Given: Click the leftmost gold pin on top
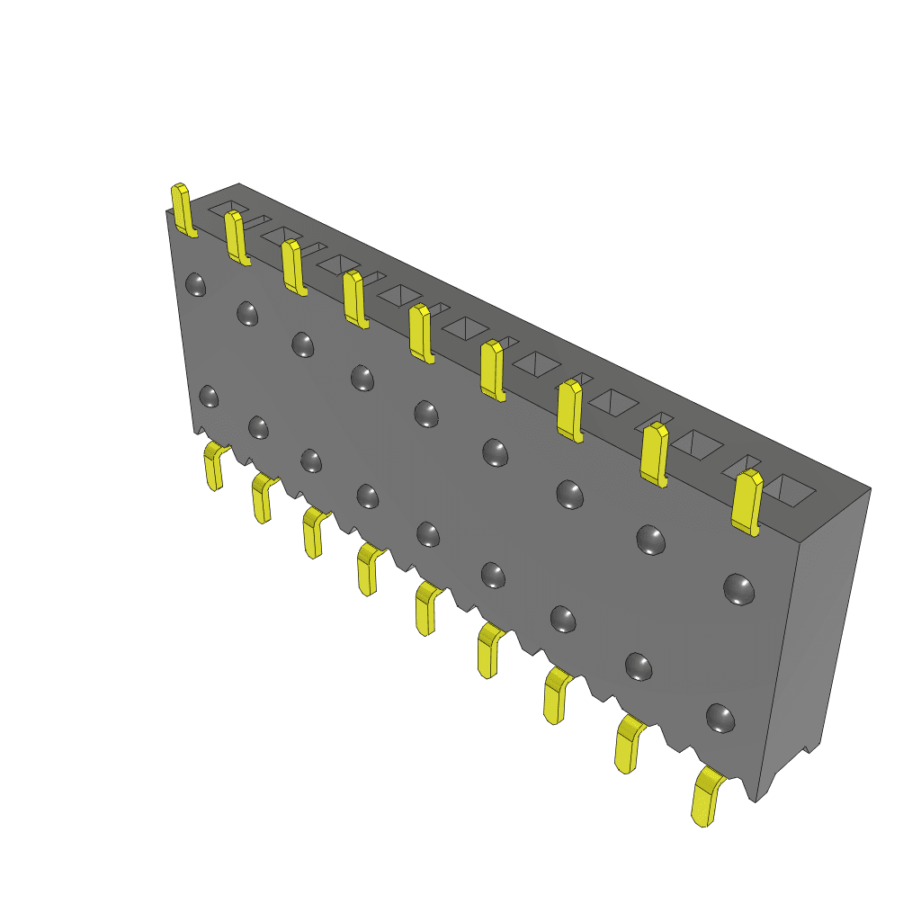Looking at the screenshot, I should [183, 210].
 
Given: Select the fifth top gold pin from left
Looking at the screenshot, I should [420, 333].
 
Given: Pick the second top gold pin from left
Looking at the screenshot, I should [237, 237].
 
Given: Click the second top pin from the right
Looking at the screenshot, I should [655, 454].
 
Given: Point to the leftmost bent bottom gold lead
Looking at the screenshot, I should [214, 466].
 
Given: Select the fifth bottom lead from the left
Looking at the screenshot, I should [425, 608].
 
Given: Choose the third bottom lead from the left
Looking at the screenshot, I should [313, 532].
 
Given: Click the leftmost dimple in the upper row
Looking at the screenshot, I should [195, 285].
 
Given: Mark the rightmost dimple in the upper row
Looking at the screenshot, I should [739, 588].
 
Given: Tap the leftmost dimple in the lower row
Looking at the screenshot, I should [209, 396].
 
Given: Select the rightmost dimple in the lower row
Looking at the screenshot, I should [720, 717].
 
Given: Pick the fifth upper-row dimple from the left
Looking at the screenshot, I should [426, 413].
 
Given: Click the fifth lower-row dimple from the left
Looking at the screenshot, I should [428, 534].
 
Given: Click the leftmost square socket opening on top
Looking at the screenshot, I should [227, 209].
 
